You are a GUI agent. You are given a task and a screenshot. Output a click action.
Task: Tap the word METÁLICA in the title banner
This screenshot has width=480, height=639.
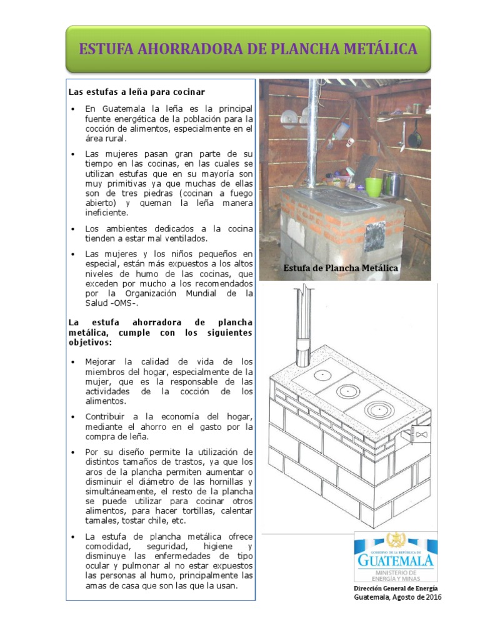(381, 49)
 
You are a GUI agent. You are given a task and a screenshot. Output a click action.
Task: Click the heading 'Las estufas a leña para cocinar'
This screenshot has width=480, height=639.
(136, 92)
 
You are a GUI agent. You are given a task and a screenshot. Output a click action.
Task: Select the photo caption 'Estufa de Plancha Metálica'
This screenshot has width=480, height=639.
(341, 268)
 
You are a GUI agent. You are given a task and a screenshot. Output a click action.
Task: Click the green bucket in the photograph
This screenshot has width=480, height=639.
(374, 187)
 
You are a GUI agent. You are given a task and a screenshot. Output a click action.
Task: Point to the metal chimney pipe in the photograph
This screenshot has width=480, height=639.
(312, 131)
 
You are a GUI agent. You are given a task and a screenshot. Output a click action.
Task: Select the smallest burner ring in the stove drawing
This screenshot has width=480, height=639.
(322, 374)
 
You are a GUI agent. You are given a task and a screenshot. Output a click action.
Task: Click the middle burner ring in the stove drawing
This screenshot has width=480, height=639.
(346, 391)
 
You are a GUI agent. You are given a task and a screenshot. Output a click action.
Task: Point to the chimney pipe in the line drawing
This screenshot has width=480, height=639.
(302, 324)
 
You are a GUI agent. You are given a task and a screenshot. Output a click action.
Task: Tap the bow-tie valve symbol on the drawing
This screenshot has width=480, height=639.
(422, 433)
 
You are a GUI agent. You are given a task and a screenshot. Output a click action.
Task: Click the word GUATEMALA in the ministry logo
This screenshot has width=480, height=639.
(394, 560)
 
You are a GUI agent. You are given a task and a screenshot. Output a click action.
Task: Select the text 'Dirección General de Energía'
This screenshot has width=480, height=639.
(396, 588)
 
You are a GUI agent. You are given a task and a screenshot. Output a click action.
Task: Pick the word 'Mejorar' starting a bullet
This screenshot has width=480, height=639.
(101, 362)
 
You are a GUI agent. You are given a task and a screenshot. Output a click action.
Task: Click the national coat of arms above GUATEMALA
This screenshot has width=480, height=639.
(394, 540)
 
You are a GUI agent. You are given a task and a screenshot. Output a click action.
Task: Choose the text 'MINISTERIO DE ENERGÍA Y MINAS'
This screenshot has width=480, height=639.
(395, 575)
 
